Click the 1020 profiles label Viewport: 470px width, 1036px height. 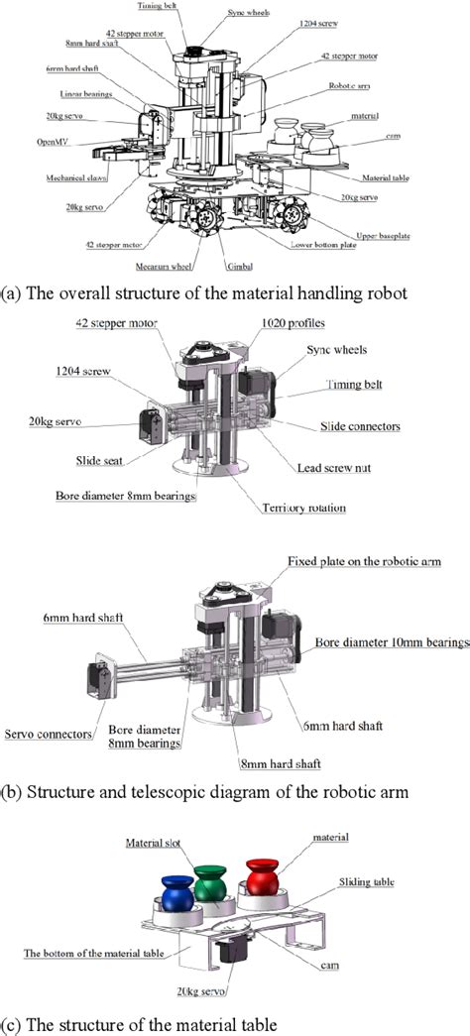(x=294, y=323)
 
